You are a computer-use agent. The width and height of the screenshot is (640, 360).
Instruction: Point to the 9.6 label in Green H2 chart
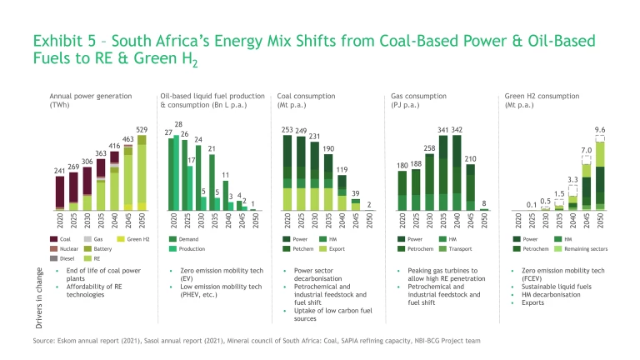click(599, 130)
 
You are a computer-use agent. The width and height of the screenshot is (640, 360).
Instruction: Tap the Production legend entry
click(192, 248)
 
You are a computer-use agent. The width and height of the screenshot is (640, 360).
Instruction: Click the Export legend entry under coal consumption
click(337, 248)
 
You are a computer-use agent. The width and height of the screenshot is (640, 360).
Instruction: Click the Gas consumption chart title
click(415, 100)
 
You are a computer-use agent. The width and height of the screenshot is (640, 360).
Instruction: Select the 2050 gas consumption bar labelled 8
click(484, 208)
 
